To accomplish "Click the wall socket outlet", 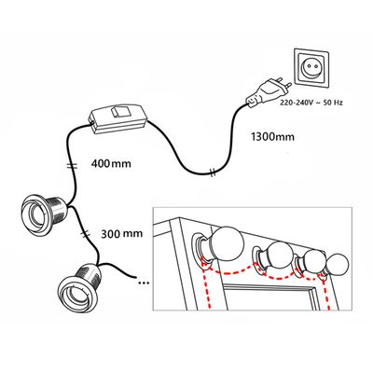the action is coord(311,67).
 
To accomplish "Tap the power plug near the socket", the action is coord(268,90).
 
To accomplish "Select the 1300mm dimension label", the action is coord(272,136).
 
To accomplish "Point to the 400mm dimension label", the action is coord(111,163).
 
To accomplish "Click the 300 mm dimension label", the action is coord(122,233).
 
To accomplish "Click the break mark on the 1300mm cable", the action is coord(213,172).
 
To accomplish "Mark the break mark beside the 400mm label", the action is coord(73,165).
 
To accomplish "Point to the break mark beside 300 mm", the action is coord(85,232).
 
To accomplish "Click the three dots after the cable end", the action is coord(144,283).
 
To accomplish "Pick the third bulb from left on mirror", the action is coord(313,261).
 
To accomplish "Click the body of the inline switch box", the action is coord(119,119).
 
